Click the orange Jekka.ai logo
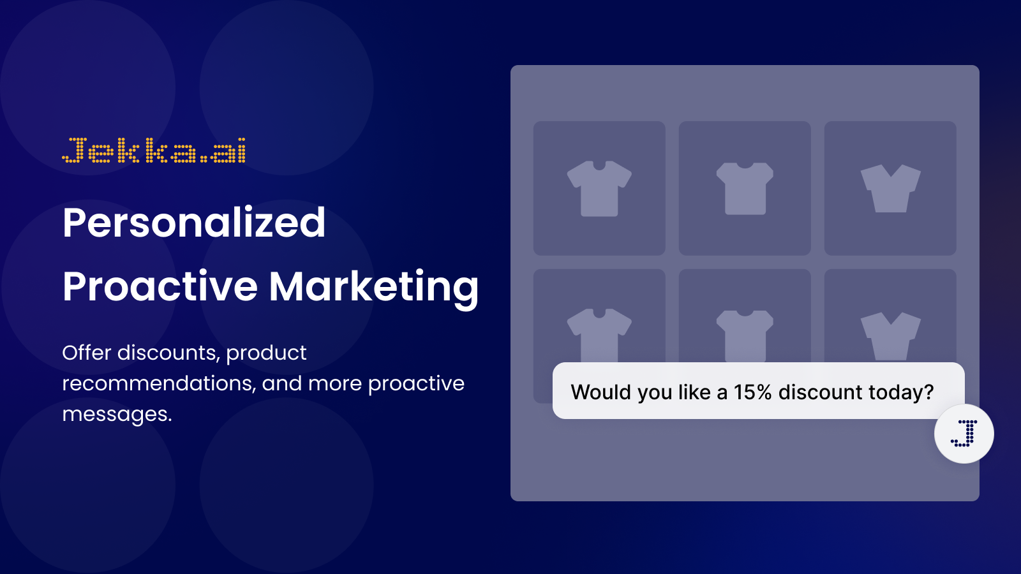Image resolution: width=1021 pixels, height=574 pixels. click(x=154, y=151)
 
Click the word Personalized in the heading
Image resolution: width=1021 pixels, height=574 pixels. click(x=194, y=223)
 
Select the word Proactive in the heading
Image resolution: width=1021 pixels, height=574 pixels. click(x=160, y=286)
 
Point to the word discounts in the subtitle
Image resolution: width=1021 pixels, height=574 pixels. click(x=168, y=353)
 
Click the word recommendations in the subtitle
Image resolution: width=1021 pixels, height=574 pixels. click(x=157, y=383)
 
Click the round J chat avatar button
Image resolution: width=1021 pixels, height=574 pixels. click(x=964, y=434)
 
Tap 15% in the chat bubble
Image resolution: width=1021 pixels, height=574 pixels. click(x=752, y=392)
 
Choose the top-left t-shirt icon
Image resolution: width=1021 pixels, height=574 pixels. click(x=599, y=189)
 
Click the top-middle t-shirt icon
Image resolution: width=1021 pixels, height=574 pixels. click(x=745, y=189)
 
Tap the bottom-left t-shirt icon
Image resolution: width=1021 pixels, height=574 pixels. click(x=599, y=335)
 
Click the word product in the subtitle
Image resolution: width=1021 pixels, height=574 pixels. click(x=266, y=353)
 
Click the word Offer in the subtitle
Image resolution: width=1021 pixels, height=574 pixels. click(x=87, y=353)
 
